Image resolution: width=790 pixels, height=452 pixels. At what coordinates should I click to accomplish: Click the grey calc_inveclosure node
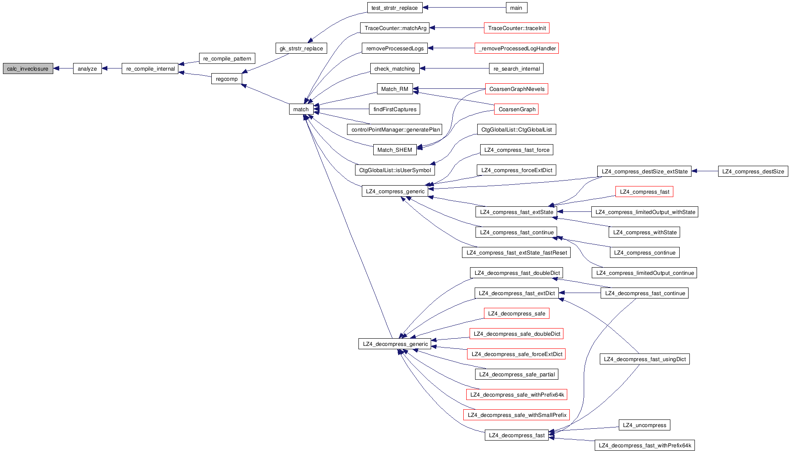[28, 68]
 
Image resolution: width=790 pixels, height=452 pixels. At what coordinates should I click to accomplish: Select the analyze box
[87, 68]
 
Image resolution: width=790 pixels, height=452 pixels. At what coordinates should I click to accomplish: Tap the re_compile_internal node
[150, 68]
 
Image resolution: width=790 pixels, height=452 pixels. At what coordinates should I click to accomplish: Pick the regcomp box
[227, 79]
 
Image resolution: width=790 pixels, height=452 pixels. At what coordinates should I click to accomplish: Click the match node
[301, 109]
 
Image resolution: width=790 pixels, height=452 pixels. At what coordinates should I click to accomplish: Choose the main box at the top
[516, 8]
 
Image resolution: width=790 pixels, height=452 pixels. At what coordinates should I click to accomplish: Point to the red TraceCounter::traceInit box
[517, 28]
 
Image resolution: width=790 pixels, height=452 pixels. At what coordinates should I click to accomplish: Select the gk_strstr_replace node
[301, 48]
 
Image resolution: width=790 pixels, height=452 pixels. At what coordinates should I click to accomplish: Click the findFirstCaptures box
[395, 109]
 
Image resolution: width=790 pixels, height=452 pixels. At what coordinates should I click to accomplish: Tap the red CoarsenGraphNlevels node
[517, 89]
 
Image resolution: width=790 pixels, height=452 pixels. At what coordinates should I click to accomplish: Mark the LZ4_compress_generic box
[395, 191]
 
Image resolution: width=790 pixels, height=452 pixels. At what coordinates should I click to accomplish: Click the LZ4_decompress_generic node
[395, 344]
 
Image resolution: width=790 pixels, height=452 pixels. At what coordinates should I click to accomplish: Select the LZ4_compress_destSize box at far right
[753, 171]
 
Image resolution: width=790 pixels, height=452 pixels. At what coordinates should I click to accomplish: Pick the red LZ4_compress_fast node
[644, 192]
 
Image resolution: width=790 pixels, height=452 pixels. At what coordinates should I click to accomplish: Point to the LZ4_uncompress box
[644, 425]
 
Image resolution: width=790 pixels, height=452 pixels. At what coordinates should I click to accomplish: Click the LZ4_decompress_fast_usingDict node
[645, 359]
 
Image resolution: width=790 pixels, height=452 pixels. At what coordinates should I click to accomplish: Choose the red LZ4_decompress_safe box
[516, 313]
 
